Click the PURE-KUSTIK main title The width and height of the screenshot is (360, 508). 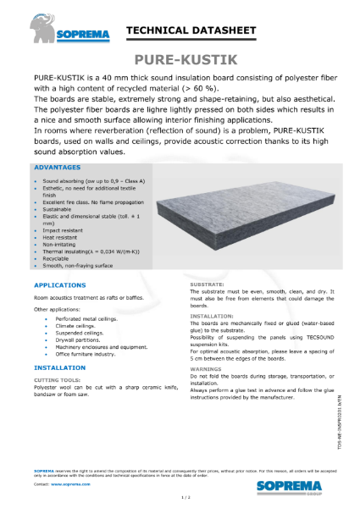[180, 59]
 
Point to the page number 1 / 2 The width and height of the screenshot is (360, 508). [180, 499]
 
